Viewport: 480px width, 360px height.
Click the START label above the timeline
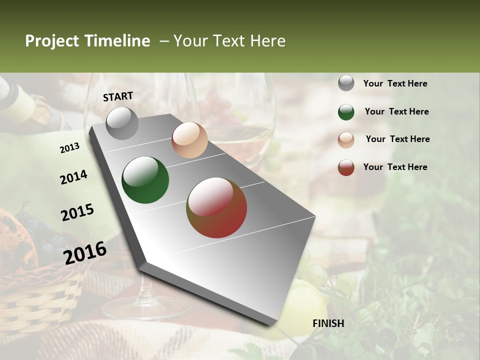click(118, 96)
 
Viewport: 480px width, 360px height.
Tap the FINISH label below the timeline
click(328, 323)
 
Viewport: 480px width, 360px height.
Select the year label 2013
click(70, 148)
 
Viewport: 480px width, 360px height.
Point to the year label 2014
click(74, 177)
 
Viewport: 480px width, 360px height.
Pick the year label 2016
click(85, 252)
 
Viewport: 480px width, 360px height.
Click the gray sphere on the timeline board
click(122, 123)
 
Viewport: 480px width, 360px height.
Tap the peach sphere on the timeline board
click(189, 140)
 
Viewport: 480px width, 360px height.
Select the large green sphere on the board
click(145, 180)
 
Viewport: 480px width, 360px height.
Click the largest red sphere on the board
click(216, 207)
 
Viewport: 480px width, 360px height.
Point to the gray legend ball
click(346, 83)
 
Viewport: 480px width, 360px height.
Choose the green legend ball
click(346, 112)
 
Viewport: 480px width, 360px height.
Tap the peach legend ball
click(346, 140)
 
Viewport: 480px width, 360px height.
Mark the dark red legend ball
click(346, 167)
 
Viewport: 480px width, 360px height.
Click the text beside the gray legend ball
click(395, 84)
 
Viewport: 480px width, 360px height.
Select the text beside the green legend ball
click(396, 111)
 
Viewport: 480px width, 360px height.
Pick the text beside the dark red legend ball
click(395, 167)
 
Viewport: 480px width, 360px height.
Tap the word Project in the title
click(51, 41)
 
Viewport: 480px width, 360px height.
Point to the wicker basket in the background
click(40, 295)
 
